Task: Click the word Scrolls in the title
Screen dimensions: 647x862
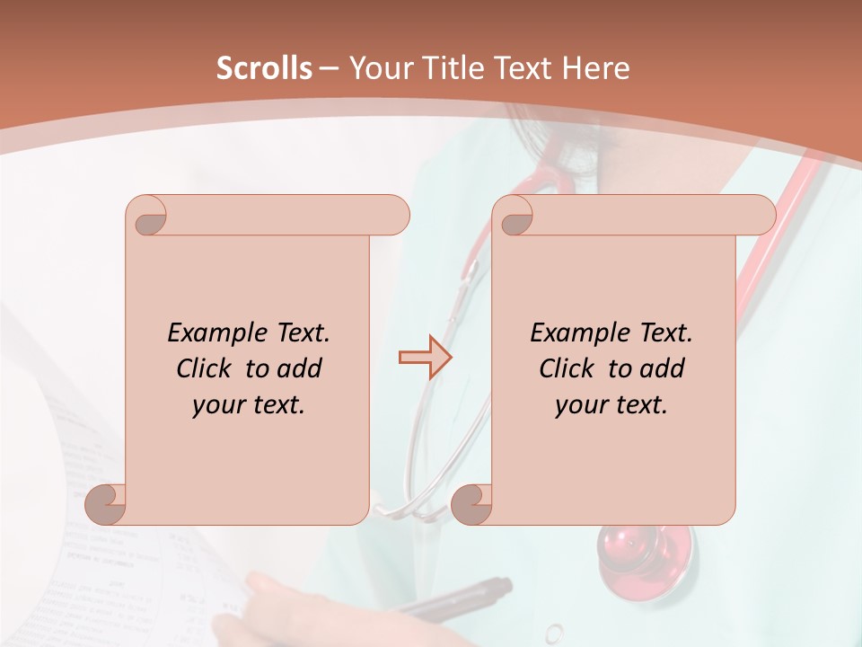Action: pos(264,67)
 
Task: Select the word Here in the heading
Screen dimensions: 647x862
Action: pos(596,67)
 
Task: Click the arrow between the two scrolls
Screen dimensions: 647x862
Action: pos(425,358)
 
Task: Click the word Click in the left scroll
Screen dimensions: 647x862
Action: pos(206,368)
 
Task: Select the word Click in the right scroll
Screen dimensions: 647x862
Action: pos(568,368)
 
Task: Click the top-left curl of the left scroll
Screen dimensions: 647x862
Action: pos(146,217)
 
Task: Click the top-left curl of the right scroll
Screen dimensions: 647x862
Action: pos(514,217)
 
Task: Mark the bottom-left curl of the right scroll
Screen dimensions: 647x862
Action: pos(471,505)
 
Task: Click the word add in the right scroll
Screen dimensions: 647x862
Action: pos(660,368)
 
